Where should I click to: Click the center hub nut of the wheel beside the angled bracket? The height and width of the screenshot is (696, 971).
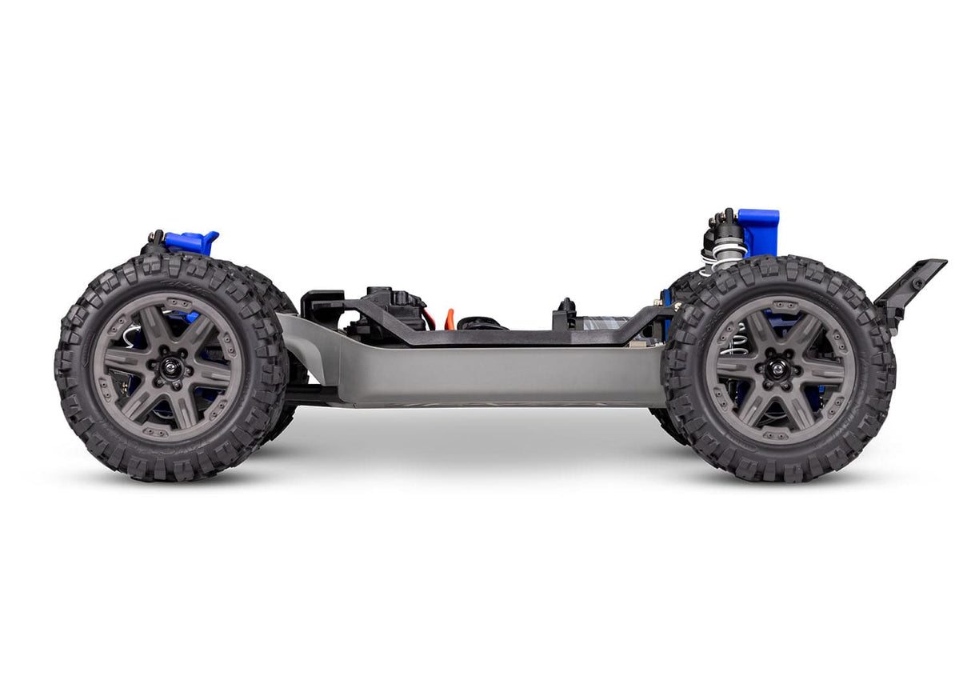pos(778,369)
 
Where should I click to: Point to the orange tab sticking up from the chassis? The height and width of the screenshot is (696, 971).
pos(450,318)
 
